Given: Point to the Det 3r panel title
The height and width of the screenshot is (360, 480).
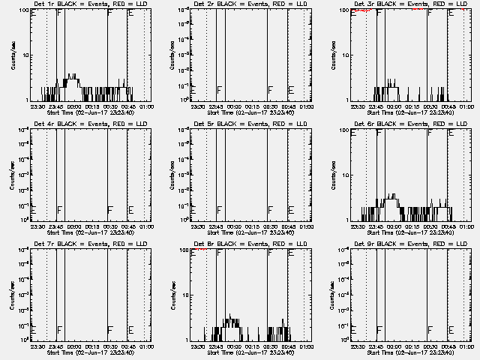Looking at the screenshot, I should (x=403, y=4).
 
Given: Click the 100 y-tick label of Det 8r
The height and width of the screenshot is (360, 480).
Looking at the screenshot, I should (x=184, y=250).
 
